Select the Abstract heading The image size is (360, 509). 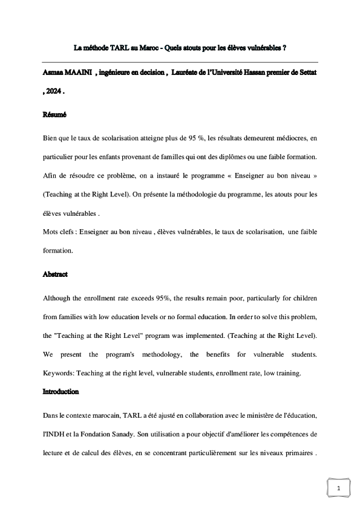(x=55, y=274)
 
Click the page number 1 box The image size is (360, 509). (x=339, y=488)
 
